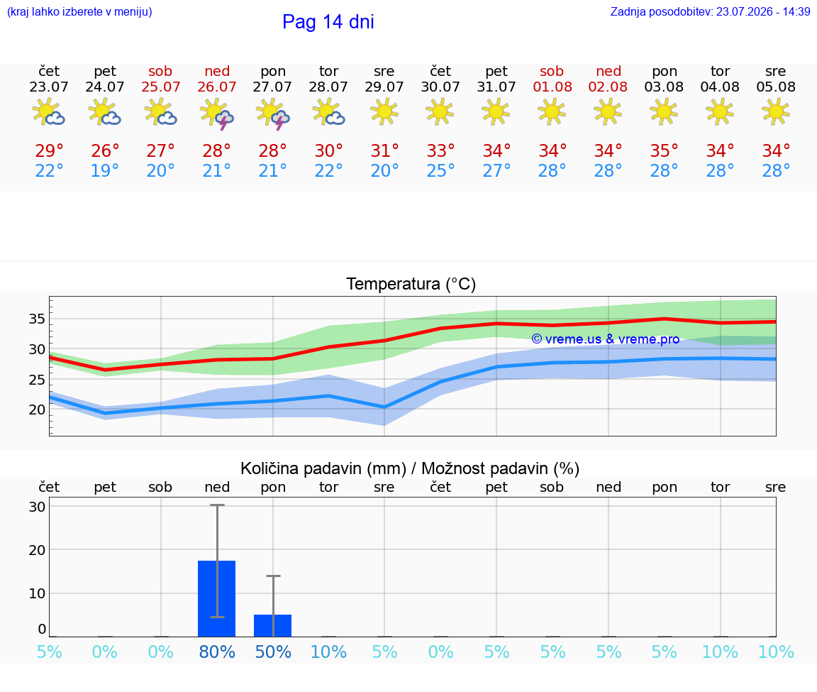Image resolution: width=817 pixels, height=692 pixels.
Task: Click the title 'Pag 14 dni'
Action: click(x=328, y=22)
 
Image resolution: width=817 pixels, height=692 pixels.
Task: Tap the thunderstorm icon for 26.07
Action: click(x=217, y=113)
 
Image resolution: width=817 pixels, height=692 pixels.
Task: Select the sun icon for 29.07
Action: click(x=384, y=112)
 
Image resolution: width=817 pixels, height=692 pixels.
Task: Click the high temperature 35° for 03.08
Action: click(x=664, y=150)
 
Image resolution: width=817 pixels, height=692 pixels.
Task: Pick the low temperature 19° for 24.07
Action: click(x=105, y=170)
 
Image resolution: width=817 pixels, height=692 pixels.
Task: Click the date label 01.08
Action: click(x=552, y=87)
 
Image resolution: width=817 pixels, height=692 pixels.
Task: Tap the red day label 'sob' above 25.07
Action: click(x=160, y=71)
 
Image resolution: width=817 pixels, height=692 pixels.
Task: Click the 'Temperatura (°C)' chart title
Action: click(x=411, y=284)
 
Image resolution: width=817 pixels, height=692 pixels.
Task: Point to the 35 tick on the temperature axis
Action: click(x=37, y=319)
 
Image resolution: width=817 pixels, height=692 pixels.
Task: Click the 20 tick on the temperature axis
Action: click(x=37, y=410)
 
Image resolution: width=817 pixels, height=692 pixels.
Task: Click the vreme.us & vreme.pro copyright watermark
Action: click(x=606, y=339)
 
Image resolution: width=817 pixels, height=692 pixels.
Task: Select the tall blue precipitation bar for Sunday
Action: click(x=217, y=598)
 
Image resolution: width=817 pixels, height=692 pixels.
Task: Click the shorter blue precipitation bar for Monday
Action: click(x=272, y=626)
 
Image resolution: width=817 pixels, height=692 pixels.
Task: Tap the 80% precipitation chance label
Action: click(x=217, y=652)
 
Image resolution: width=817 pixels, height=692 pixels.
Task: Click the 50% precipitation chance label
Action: click(x=273, y=652)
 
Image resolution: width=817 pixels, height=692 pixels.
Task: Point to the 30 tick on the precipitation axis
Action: click(x=37, y=506)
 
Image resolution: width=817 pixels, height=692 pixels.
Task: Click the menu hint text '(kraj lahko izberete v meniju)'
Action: click(x=79, y=11)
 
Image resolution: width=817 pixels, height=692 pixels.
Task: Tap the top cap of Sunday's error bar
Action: click(x=217, y=505)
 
